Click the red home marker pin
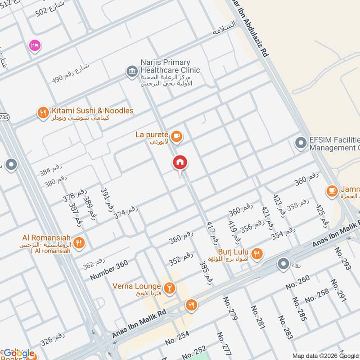tap(180, 163)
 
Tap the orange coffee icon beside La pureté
tap(177, 136)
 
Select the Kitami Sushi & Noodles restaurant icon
tap(43, 112)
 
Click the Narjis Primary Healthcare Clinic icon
tap(131, 72)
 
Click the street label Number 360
tap(109, 270)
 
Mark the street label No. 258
tap(316, 297)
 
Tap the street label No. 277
tap(224, 344)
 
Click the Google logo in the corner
tap(19, 353)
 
